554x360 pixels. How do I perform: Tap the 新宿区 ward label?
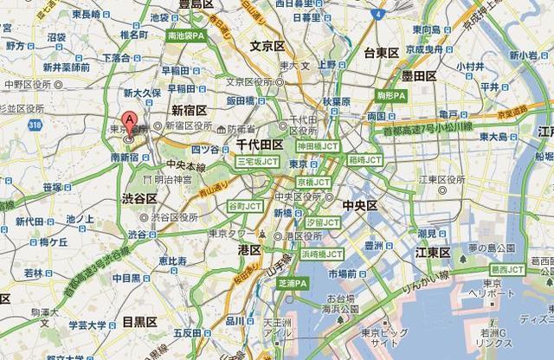(x=189, y=110)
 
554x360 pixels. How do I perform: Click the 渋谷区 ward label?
(x=138, y=199)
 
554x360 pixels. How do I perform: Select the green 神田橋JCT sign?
(x=317, y=147)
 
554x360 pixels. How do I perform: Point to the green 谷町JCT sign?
(x=244, y=207)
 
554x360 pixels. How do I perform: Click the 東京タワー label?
(x=232, y=234)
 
